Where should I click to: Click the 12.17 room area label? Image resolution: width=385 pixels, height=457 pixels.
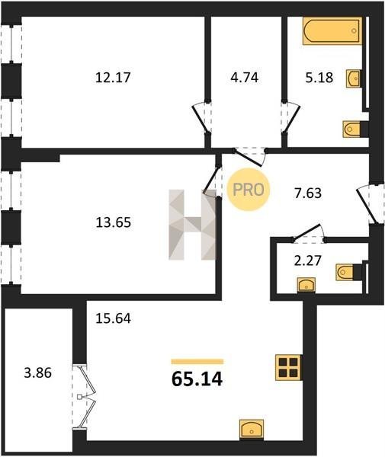point(113,78)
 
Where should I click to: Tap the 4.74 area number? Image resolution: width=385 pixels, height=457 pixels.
point(245,78)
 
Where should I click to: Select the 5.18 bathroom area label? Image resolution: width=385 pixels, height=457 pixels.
point(319,78)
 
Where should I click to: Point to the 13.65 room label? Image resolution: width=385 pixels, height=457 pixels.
point(114,222)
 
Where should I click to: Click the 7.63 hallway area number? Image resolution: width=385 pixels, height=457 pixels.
point(308,193)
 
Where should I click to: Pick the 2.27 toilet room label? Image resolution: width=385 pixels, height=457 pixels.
point(308,260)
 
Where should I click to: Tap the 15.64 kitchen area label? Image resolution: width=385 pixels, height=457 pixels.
point(114,318)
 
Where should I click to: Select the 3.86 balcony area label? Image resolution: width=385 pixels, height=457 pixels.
point(38,372)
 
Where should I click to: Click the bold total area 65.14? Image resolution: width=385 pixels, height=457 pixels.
point(197,379)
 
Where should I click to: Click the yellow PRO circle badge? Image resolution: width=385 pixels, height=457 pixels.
point(249,190)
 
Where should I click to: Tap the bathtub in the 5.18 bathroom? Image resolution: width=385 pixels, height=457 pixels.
point(332,31)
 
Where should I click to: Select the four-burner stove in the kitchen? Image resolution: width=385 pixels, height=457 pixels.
point(288,367)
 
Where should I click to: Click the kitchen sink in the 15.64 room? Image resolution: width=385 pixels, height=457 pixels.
point(252,429)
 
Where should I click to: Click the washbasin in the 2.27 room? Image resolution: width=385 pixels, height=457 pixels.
point(306,285)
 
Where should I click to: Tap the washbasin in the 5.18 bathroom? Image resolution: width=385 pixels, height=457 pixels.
point(354,78)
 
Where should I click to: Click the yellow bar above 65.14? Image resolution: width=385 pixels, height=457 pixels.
point(197,362)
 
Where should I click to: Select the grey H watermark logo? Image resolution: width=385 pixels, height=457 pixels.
point(192,225)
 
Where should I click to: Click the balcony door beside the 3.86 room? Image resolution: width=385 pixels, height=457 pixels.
point(85,396)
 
